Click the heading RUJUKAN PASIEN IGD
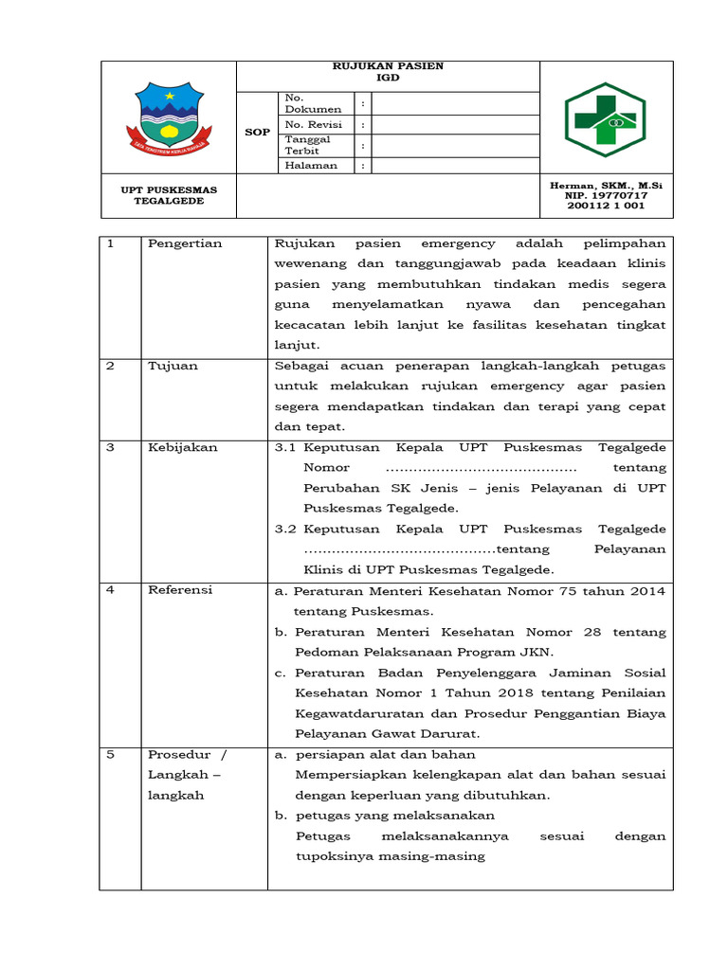click(388, 72)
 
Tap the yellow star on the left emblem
click(169, 96)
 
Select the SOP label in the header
click(257, 132)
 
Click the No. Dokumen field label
click(313, 103)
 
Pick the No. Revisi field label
click(313, 124)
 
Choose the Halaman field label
click(311, 165)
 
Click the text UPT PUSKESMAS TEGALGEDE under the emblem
click(169, 195)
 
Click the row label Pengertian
click(185, 243)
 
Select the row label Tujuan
click(173, 366)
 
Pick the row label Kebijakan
click(182, 447)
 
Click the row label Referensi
click(180, 590)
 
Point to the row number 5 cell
click(110, 755)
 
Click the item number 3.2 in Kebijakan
click(286, 529)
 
